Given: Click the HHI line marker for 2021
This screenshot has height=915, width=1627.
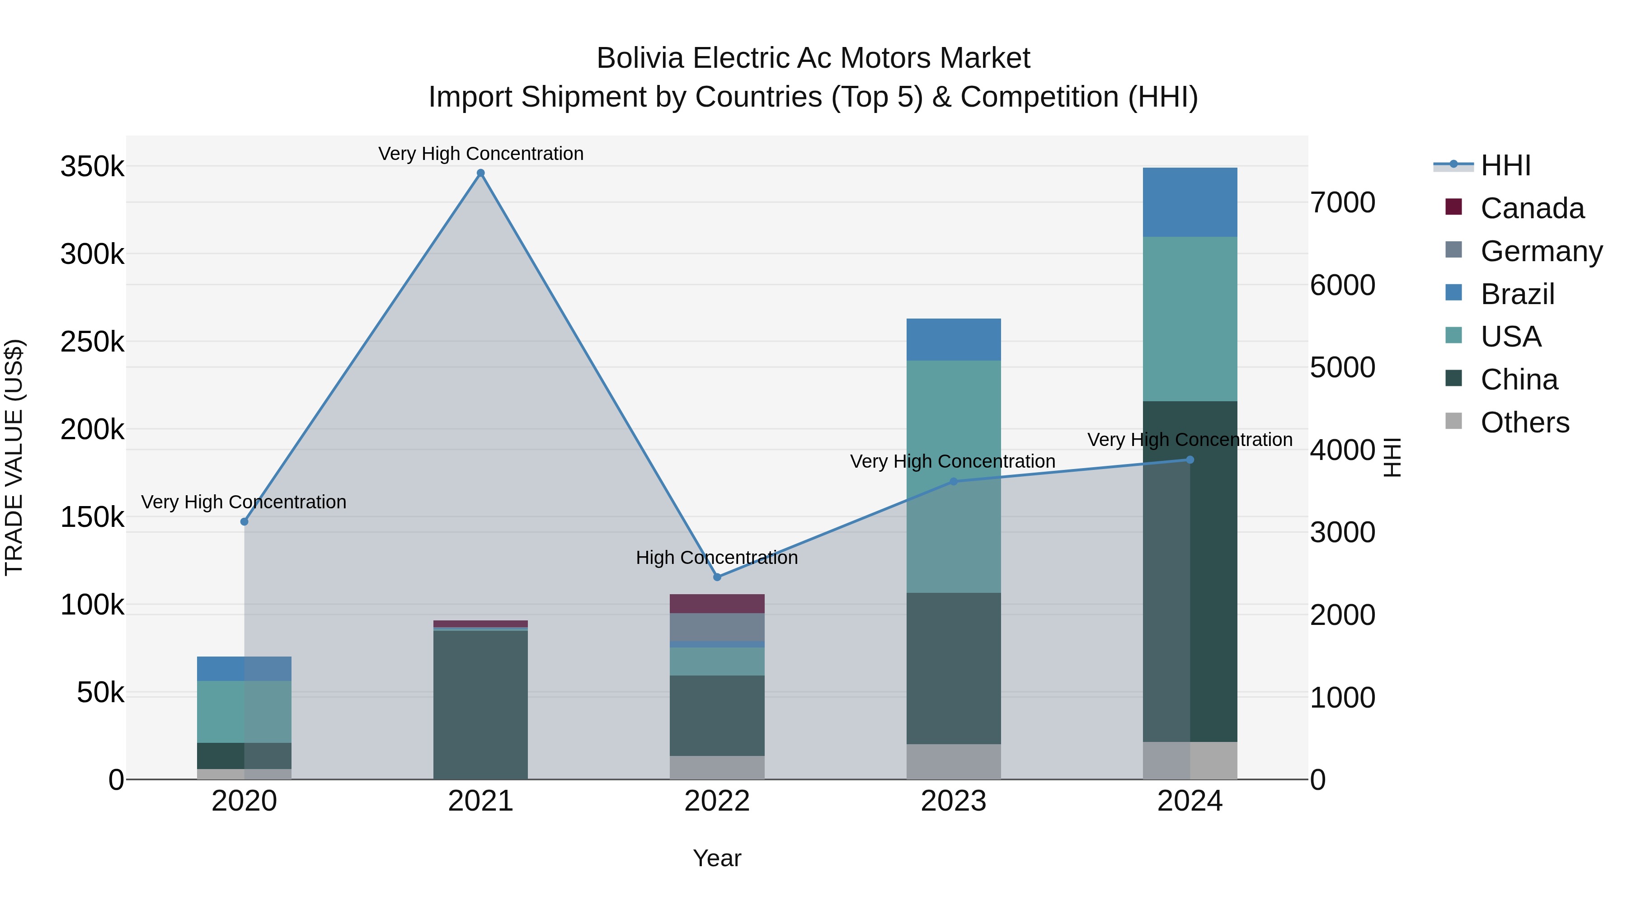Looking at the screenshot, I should [x=481, y=173].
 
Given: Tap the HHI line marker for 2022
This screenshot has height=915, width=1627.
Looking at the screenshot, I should [x=717, y=577].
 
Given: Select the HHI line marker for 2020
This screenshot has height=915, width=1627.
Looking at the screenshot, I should [x=245, y=521].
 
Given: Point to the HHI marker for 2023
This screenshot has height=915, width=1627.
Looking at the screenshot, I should [x=954, y=482].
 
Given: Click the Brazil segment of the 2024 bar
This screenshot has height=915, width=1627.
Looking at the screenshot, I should [x=1190, y=202].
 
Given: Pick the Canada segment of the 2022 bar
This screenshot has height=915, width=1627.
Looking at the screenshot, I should [x=717, y=604].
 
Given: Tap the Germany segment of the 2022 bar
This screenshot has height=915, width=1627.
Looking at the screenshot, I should [x=717, y=627].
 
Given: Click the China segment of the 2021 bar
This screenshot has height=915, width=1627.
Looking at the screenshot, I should [x=481, y=704].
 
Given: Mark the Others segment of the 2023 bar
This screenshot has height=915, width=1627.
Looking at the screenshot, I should [x=954, y=761].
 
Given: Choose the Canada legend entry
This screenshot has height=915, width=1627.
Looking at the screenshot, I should [x=1532, y=208].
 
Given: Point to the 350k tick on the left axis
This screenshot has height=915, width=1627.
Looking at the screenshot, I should [x=92, y=167].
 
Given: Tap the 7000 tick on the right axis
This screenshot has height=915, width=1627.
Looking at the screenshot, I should [x=1342, y=203].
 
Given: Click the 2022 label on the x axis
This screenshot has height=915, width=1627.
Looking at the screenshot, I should [x=717, y=801].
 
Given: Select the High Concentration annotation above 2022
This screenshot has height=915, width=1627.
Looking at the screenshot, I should [x=717, y=558].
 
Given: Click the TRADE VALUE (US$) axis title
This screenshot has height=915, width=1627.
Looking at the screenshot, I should [x=14, y=457].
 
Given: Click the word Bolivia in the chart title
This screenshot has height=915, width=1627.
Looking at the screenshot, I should [x=640, y=58].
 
